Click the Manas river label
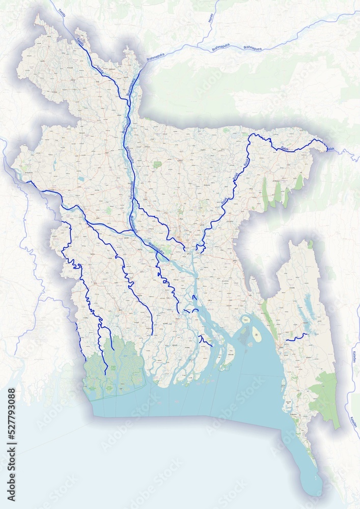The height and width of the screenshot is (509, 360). pos(209,18)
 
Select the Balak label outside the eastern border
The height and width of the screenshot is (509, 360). pos(331,149)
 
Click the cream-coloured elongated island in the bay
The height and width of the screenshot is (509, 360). pos(257,334)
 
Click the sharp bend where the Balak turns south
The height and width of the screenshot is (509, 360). pos(250,137)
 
